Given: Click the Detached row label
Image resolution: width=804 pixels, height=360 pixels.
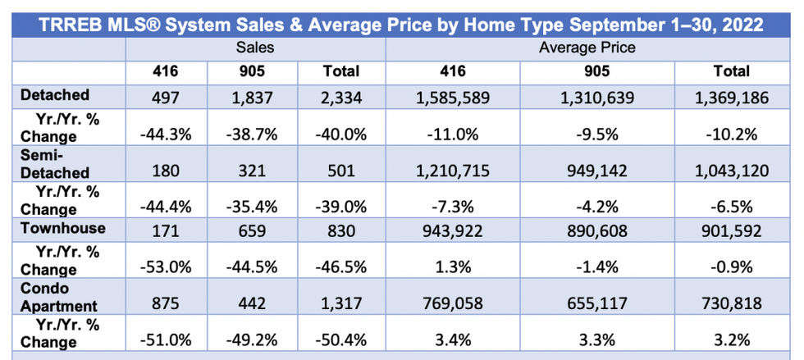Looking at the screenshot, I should pos(56,96).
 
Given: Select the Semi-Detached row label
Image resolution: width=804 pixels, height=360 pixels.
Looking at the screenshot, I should pos(54,162).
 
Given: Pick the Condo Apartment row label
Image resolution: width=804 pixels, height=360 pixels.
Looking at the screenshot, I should pos(56,296).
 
